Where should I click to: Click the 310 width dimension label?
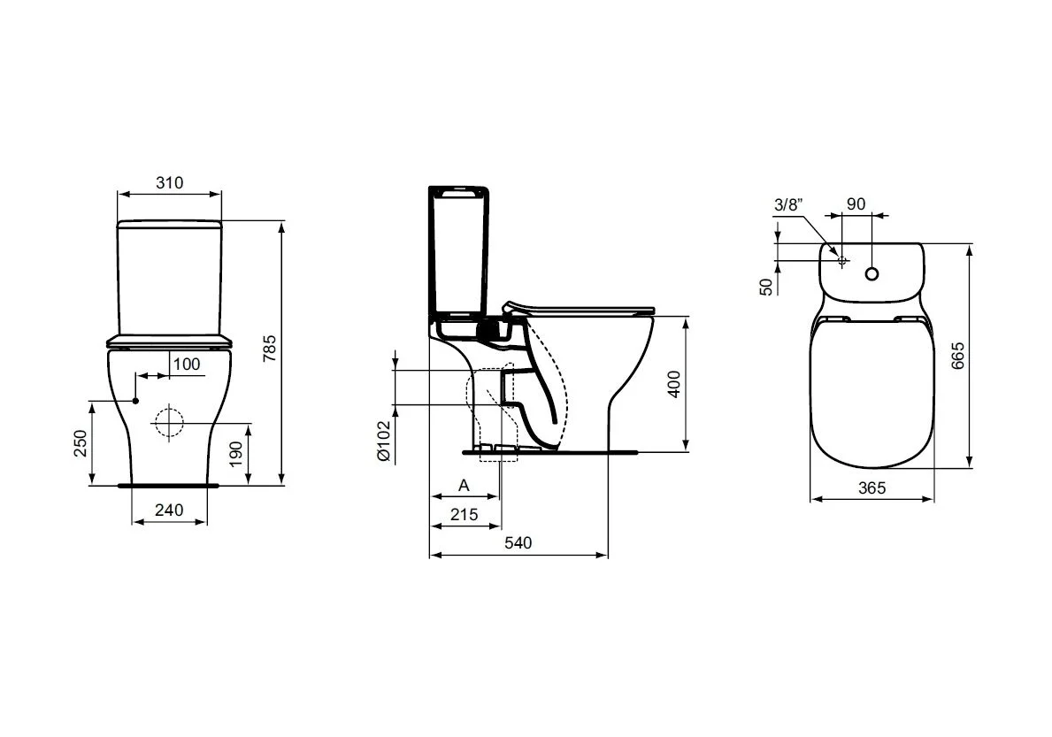pyautogui.click(x=169, y=183)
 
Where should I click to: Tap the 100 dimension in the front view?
pyautogui.click(x=186, y=365)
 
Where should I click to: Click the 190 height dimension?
pyautogui.click(x=234, y=455)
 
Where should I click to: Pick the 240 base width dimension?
pyautogui.click(x=169, y=510)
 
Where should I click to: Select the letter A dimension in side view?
pyautogui.click(x=464, y=486)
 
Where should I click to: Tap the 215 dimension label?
pyautogui.click(x=464, y=515)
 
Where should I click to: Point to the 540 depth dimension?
pyautogui.click(x=518, y=543)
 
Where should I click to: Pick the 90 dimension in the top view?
pyautogui.click(x=856, y=203)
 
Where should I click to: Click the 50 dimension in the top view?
pyautogui.click(x=766, y=285)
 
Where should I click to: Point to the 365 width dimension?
pyautogui.click(x=872, y=487)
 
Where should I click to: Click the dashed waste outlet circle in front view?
pyautogui.click(x=165, y=424)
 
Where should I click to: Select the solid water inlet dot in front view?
pyautogui.click(x=136, y=401)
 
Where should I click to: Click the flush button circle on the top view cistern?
pyautogui.click(x=873, y=274)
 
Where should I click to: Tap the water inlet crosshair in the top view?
pyautogui.click(x=842, y=261)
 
